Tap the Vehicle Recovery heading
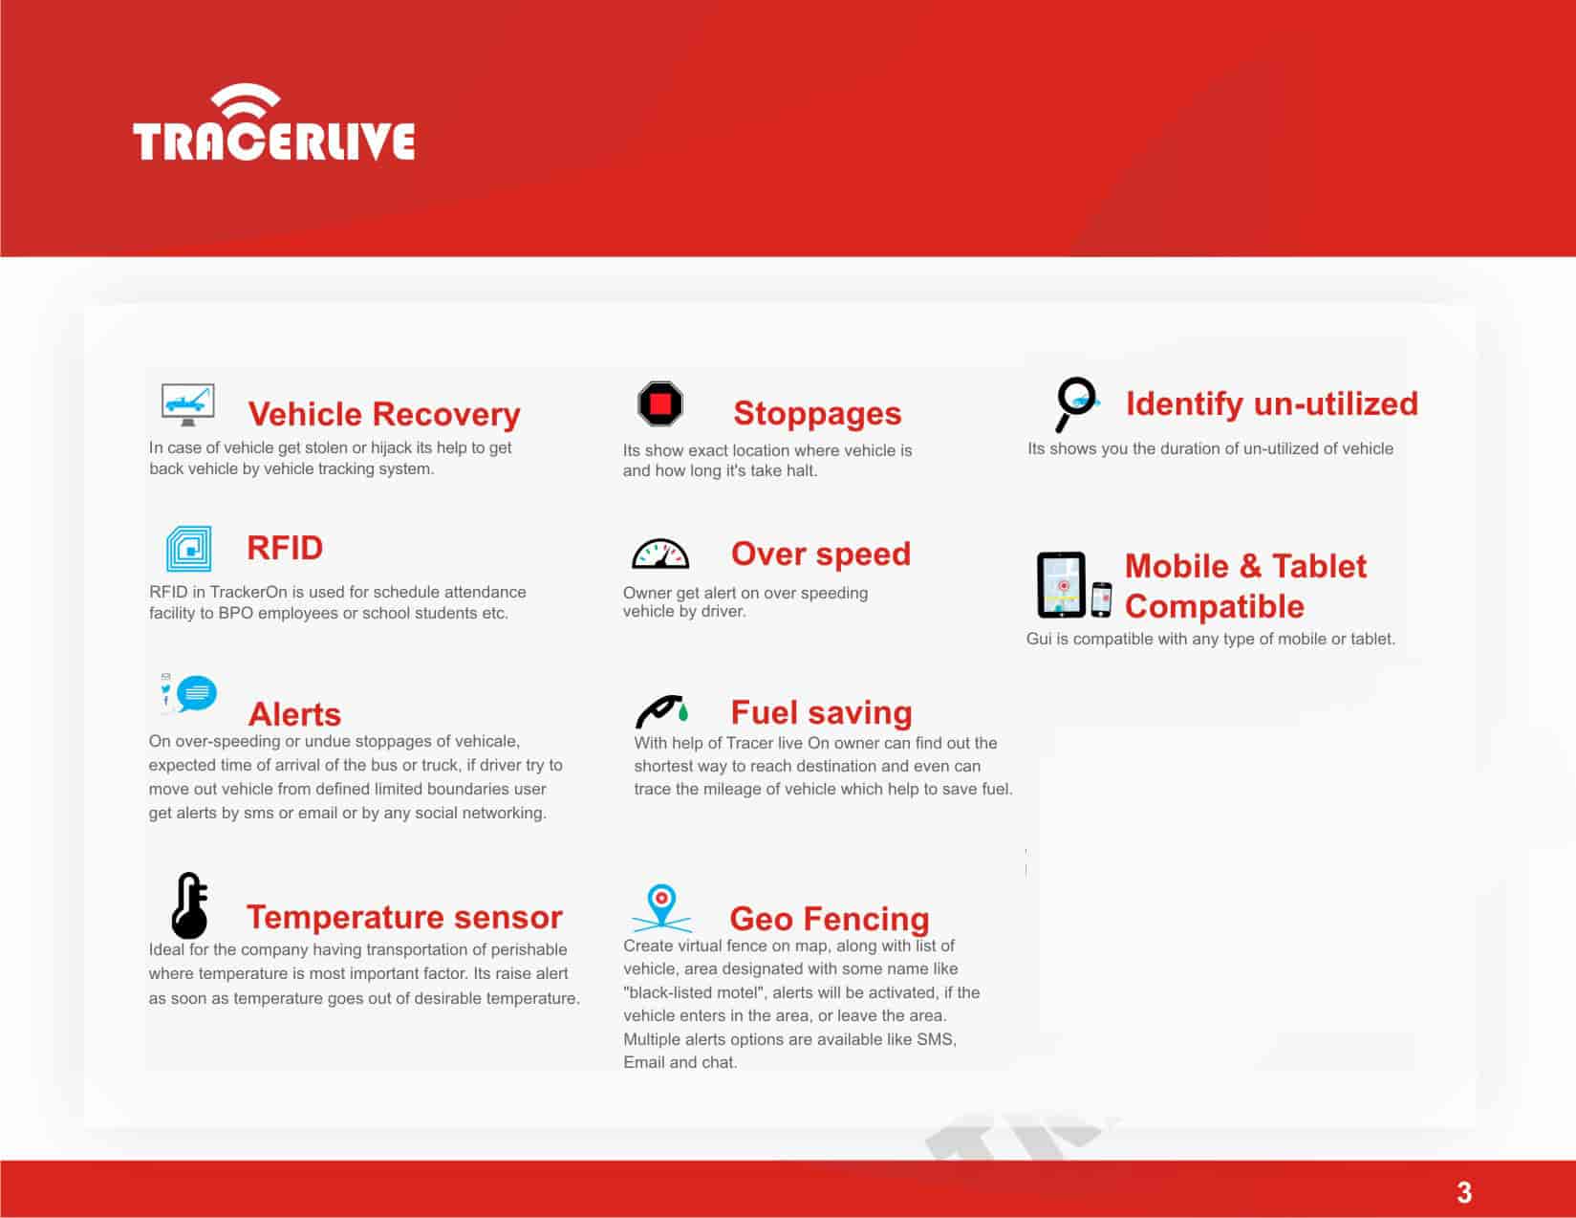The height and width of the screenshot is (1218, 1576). [383, 414]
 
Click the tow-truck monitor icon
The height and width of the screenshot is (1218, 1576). [188, 404]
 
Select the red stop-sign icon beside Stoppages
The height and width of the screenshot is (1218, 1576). [660, 403]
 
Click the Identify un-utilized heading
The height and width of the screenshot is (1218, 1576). [1271, 403]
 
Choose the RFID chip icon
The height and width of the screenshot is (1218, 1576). [188, 549]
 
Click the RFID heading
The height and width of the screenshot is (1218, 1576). [285, 548]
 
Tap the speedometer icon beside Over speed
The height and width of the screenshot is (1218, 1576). [660, 554]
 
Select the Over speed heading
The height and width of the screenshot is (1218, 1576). [820, 554]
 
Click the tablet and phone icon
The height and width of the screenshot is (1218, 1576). [1073, 585]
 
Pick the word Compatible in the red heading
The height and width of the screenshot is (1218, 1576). [1214, 606]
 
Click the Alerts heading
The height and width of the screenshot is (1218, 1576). [294, 714]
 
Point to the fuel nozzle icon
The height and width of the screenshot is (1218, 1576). [661, 711]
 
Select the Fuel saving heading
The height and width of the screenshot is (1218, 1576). [821, 712]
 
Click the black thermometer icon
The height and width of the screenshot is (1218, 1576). [190, 905]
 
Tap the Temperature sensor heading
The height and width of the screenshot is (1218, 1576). [404, 917]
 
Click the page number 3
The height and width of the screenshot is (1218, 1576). [1463, 1192]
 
